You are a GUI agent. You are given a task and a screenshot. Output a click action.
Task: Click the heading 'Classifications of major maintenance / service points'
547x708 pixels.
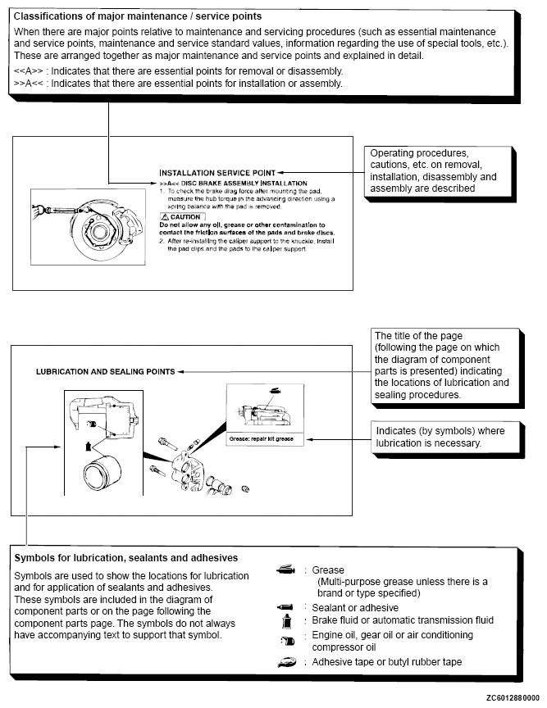point(137,16)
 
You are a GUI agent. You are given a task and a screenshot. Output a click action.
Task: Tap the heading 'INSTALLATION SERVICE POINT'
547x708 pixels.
point(217,173)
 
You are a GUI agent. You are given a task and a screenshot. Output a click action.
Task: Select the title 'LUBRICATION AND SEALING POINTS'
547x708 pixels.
point(105,371)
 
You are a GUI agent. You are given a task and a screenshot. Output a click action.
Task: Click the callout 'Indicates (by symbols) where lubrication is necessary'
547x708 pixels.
point(440,437)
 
